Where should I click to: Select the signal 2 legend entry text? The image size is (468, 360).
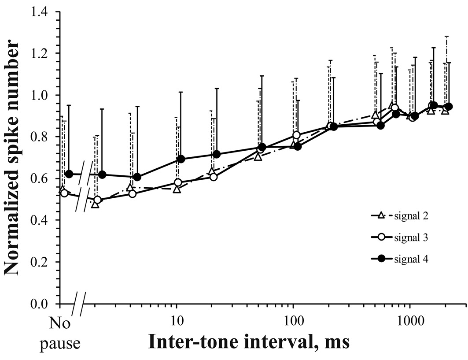point(410,216)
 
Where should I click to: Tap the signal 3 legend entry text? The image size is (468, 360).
point(410,238)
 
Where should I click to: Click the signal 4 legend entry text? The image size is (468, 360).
point(410,259)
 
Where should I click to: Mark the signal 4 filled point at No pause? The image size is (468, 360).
point(69,174)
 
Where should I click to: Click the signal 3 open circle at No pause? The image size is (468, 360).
point(64,193)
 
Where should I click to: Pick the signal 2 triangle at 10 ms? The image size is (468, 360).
point(177,189)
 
